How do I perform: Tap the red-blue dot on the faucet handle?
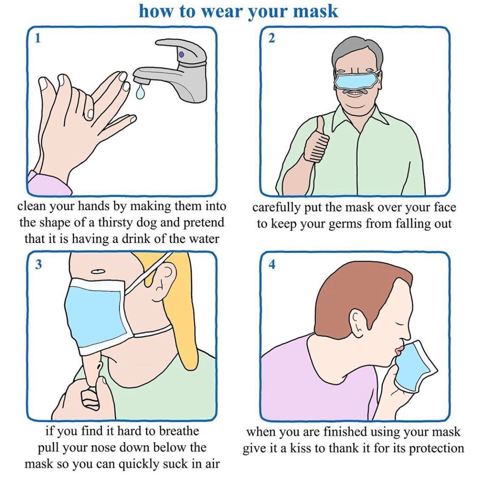pyautogui.click(x=181, y=54)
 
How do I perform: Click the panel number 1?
pyautogui.click(x=37, y=38)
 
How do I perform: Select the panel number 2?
pyautogui.click(x=271, y=38)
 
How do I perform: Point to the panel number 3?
pyautogui.click(x=38, y=264)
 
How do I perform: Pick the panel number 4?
pyautogui.click(x=272, y=264)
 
